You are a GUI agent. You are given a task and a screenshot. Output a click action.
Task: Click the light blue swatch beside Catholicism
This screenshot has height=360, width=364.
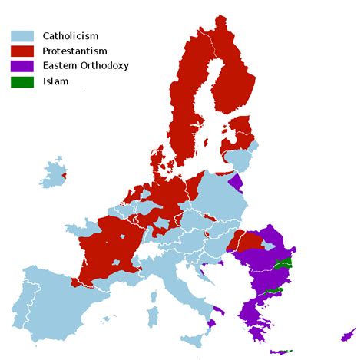tap(22, 35)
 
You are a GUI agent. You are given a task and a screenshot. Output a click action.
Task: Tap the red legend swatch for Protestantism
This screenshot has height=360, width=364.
tap(22, 51)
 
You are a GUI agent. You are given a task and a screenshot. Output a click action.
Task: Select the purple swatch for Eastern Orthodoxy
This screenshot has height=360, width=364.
tap(22, 66)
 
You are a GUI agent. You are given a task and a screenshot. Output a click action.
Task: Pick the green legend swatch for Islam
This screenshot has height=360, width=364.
tap(22, 81)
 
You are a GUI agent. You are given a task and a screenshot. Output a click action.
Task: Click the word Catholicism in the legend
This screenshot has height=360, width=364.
tap(71, 35)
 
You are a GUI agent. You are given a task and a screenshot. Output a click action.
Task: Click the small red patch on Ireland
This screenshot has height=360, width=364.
tap(64, 176)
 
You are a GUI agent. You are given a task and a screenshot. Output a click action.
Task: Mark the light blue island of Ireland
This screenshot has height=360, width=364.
tap(53, 176)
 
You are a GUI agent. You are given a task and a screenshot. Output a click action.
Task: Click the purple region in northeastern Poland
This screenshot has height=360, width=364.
tap(236, 183)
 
